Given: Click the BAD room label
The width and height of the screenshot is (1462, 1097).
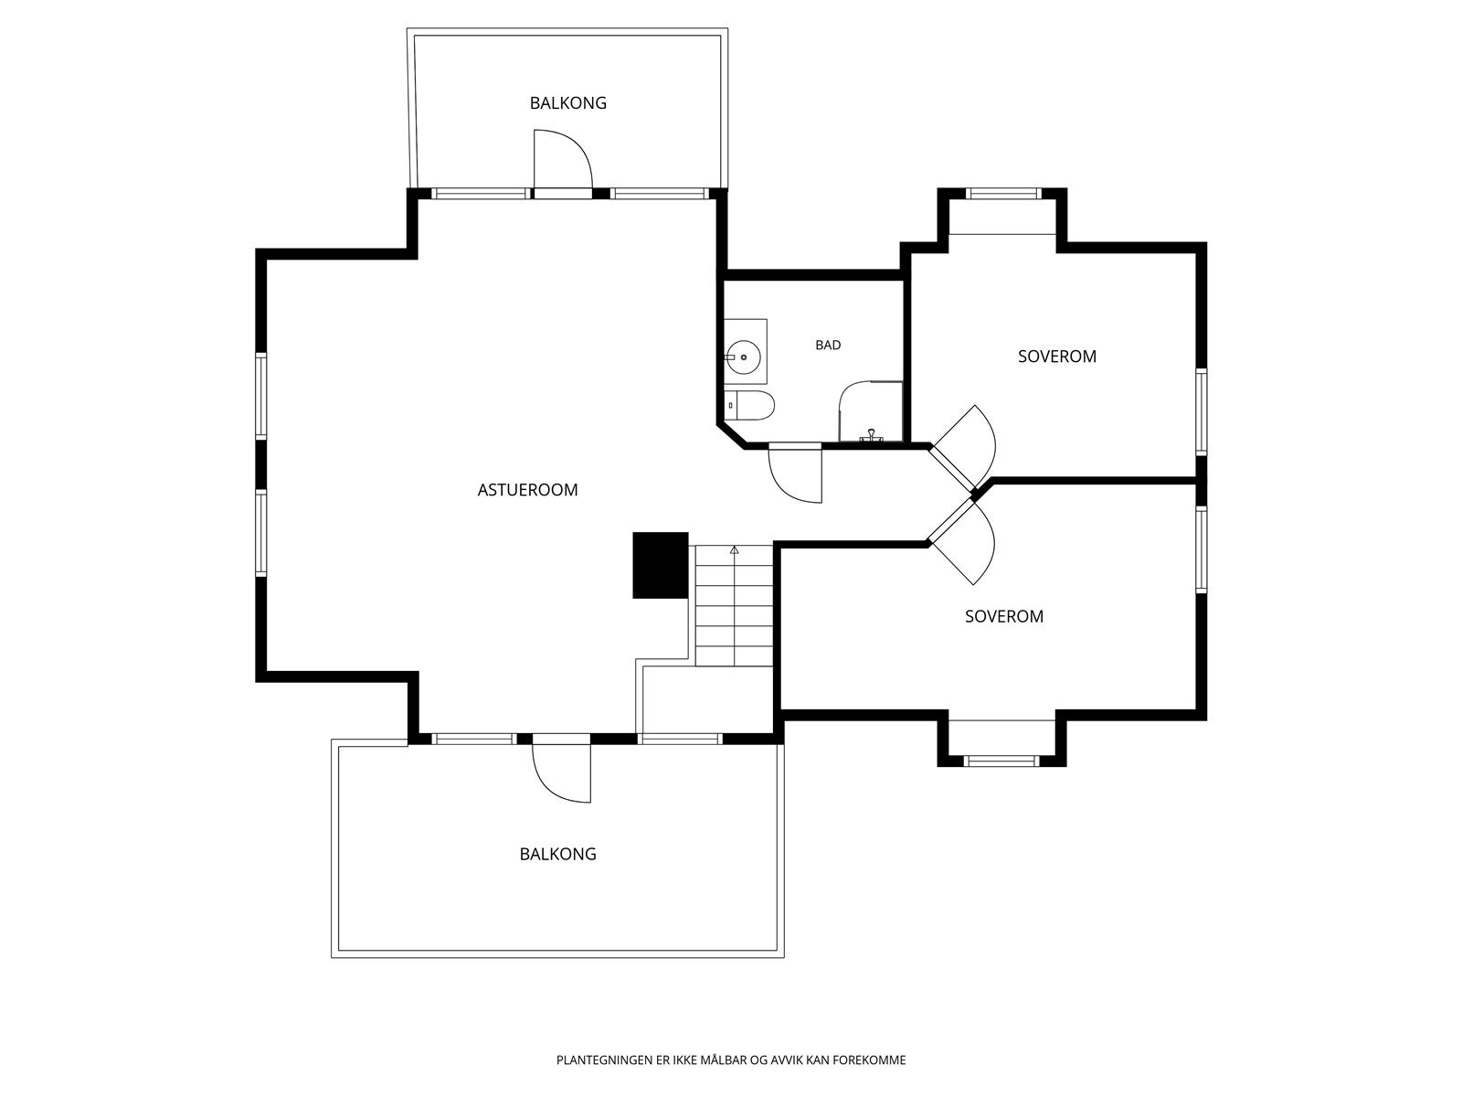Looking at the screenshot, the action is coord(828,345).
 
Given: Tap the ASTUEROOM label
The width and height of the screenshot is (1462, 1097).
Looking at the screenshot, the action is coord(527,490).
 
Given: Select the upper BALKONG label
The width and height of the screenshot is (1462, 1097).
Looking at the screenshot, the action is coord(568,103).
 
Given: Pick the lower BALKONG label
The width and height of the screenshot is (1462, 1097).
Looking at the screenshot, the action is coord(558,855).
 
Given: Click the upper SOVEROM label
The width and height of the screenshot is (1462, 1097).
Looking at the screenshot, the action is coord(1057,357).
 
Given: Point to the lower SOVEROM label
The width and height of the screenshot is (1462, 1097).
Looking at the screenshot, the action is coord(1004,617).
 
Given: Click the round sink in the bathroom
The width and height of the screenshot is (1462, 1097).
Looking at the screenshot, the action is coord(743,357).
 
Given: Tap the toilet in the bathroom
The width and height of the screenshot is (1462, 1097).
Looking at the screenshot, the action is coord(749,406).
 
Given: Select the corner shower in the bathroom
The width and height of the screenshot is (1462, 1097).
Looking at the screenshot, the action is coord(871,411).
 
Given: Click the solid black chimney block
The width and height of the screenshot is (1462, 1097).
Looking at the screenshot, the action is coord(660,566).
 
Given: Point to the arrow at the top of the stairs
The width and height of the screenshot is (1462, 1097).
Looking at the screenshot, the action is coord(735,550).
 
